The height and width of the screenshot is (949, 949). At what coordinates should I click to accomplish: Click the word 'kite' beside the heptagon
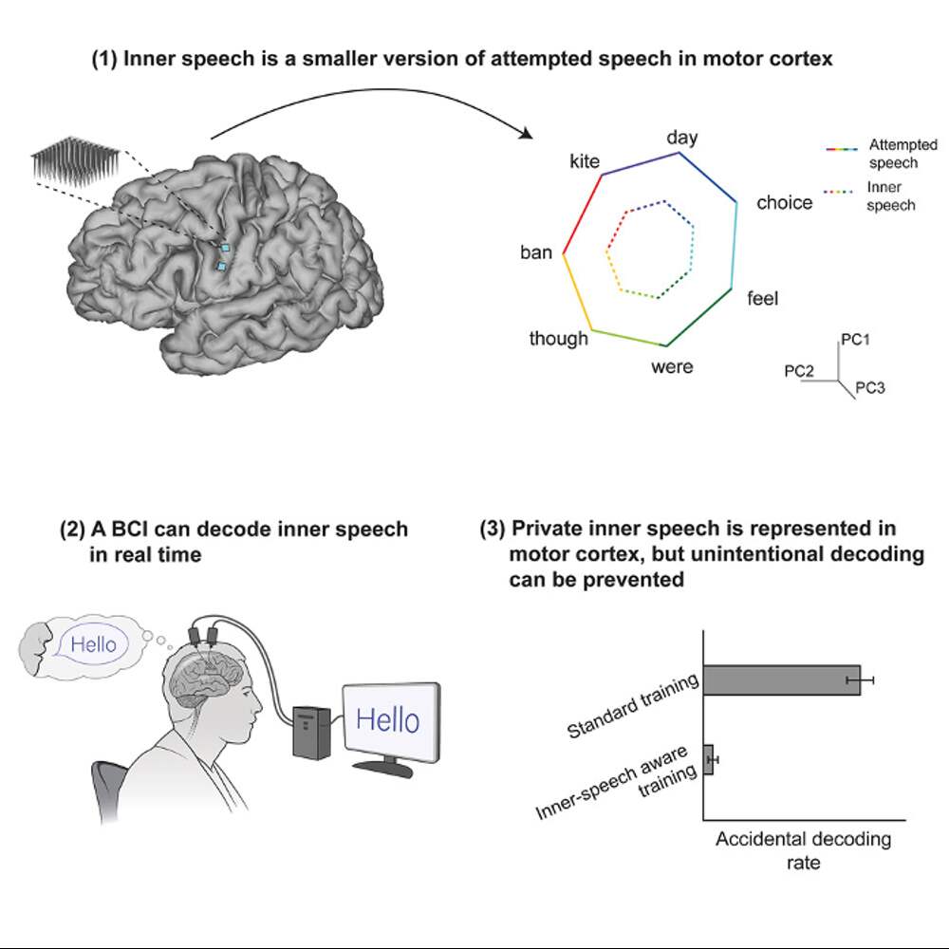(585, 161)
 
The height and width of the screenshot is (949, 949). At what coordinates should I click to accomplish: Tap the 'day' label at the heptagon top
(682, 138)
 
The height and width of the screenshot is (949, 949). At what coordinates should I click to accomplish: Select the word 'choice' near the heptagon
(784, 203)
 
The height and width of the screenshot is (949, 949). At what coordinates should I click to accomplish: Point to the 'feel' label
(762, 299)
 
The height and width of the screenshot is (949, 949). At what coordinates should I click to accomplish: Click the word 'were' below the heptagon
(672, 366)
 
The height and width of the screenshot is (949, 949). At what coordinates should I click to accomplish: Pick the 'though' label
(559, 339)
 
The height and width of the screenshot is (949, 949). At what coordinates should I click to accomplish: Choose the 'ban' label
(536, 253)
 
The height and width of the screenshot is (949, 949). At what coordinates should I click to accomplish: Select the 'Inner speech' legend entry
(890, 196)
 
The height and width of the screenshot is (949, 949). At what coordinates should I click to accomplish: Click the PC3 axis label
(870, 387)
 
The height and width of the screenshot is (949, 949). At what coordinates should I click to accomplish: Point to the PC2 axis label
(799, 371)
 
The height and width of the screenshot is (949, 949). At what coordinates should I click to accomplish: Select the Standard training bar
(782, 679)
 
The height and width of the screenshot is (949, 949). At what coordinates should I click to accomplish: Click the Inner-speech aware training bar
(708, 760)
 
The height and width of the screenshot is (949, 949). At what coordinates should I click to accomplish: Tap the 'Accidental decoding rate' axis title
(803, 851)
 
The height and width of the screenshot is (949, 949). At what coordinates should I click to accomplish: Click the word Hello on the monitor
(387, 720)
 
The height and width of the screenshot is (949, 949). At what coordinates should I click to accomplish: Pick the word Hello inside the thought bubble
(93, 645)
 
